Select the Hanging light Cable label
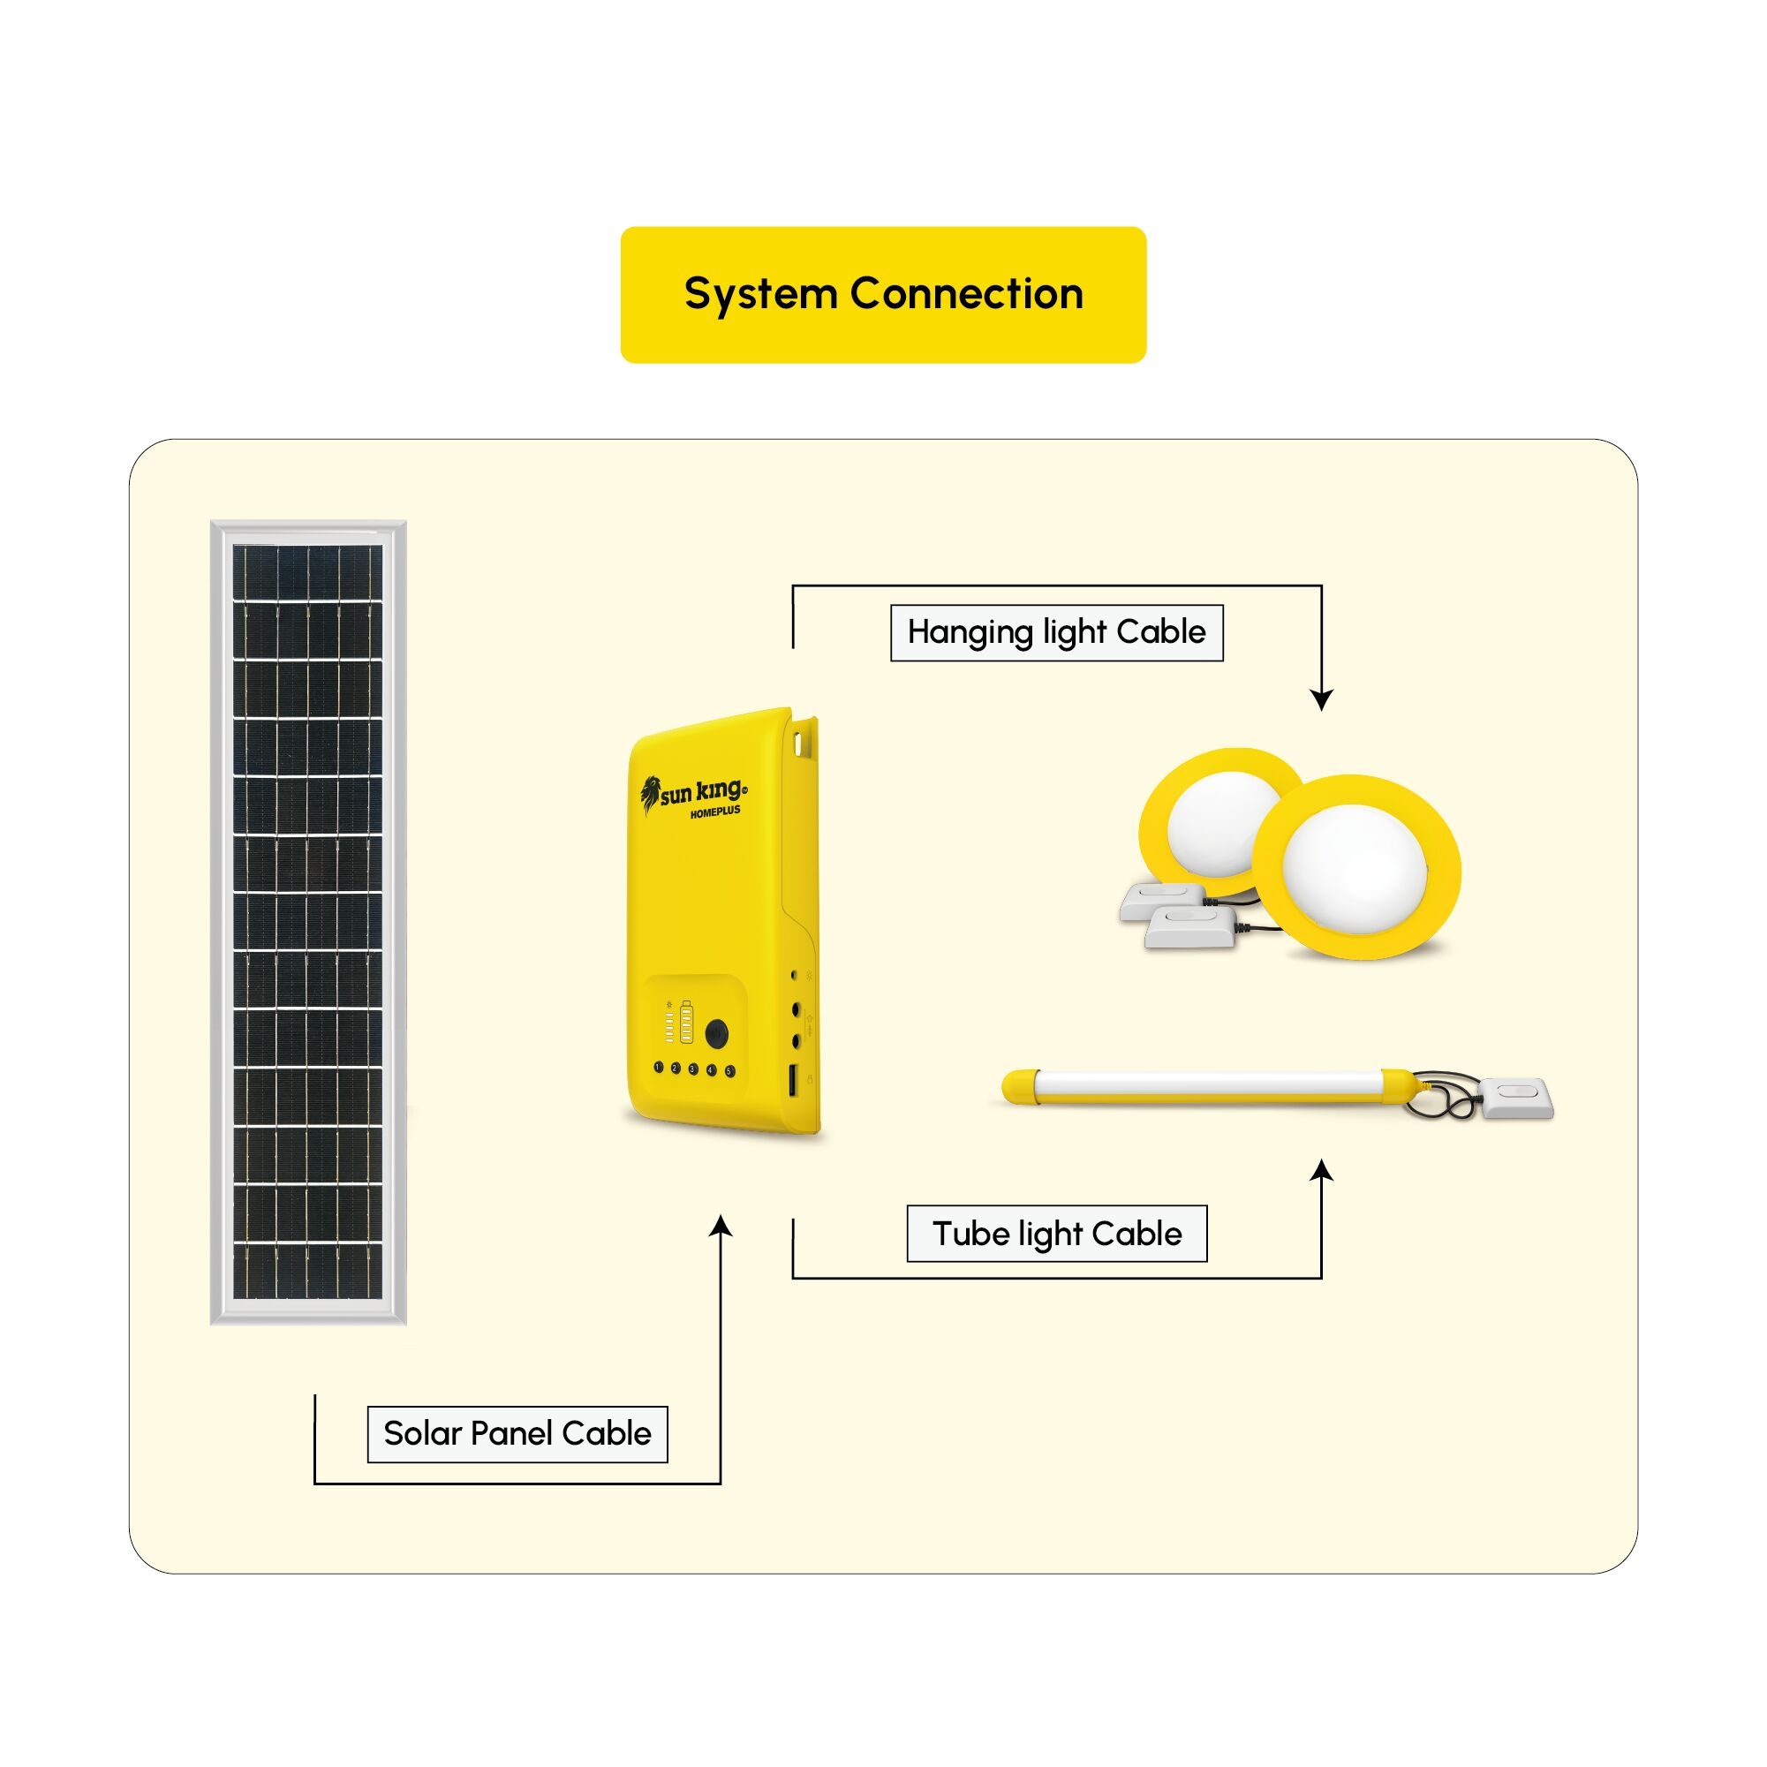point(1056,632)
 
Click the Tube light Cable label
point(1056,1234)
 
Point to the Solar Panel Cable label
point(517,1433)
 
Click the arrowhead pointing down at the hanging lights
point(1322,699)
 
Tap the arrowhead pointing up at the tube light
point(1322,1171)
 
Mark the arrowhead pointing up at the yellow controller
point(721,1227)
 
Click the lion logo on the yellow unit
point(650,793)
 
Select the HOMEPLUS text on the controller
point(715,812)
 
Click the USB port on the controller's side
point(792,1078)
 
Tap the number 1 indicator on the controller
point(659,1067)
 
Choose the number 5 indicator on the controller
point(729,1070)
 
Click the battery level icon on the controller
point(686,1022)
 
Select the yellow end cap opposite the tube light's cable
point(1017,1085)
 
